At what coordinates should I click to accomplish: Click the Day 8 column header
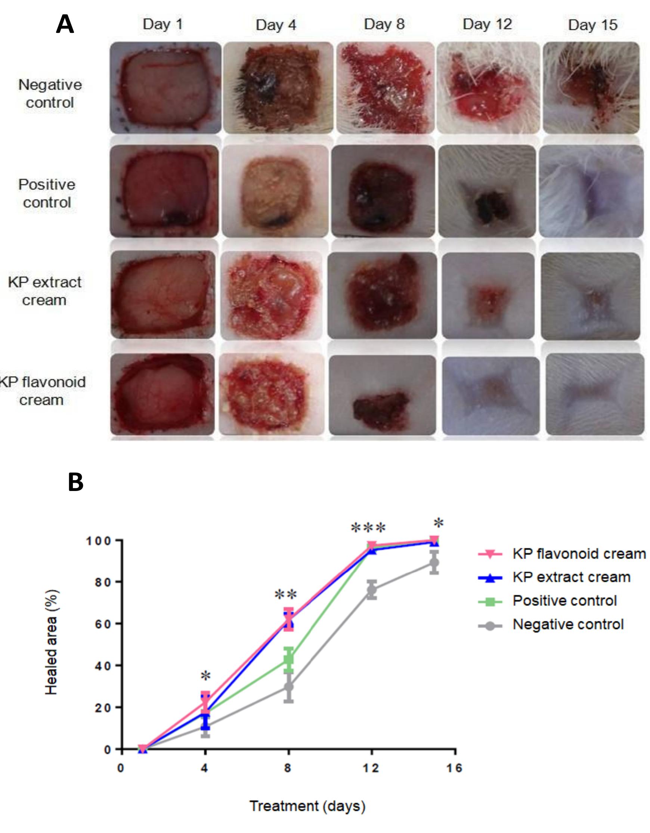[384, 24]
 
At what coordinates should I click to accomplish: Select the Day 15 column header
[592, 25]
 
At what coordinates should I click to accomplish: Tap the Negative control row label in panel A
[50, 93]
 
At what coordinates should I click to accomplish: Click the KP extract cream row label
[45, 291]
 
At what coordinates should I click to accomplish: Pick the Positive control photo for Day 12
[487, 192]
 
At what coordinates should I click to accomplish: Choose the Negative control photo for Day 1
[165, 88]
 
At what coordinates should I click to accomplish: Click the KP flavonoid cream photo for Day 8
[382, 395]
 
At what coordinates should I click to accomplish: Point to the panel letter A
[65, 25]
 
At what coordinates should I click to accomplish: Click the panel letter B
[75, 482]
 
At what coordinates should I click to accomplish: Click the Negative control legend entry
[568, 624]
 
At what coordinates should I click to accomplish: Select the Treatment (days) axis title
[307, 806]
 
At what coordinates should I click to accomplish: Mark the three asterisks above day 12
[368, 528]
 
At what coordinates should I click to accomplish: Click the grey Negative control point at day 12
[372, 589]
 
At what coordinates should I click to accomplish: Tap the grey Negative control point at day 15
[434, 562]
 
